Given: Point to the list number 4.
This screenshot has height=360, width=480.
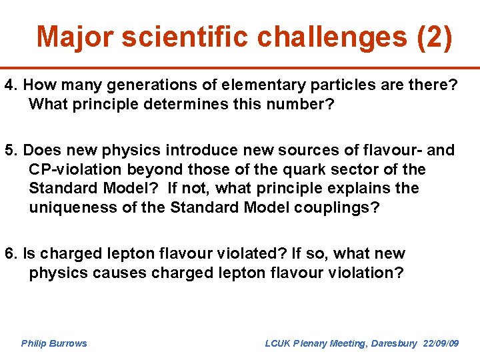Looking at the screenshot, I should click(10, 86).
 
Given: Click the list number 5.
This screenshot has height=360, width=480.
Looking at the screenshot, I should click(10, 151).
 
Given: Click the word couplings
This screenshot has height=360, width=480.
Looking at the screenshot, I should click(338, 207).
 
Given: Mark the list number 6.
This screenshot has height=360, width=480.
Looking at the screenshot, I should click(10, 253).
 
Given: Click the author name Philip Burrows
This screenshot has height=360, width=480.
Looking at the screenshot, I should click(54, 343).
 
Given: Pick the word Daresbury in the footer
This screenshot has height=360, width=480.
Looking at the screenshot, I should click(393, 343).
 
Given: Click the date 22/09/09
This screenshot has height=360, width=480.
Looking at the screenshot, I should click(441, 343).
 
